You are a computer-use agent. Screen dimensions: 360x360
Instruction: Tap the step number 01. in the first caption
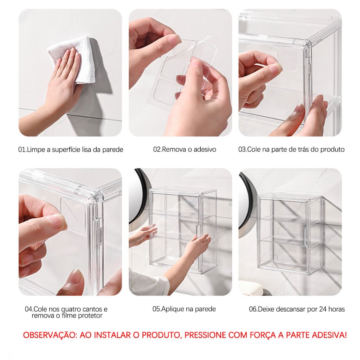22,150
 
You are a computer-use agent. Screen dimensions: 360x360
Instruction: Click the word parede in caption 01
113,150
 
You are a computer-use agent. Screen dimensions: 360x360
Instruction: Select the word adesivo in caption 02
205,149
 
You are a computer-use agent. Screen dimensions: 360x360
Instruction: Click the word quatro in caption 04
71,309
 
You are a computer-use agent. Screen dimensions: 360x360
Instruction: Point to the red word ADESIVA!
327,335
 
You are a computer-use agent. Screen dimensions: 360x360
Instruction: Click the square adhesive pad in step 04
73,215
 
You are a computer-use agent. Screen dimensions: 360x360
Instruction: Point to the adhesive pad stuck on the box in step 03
289,60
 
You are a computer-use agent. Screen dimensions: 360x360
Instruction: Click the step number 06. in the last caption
253,309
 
